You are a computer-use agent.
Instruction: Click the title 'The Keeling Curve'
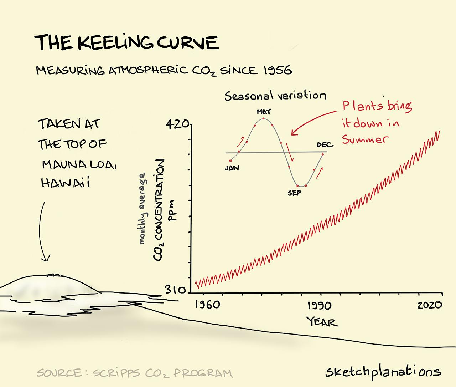pyautogui.click(x=126, y=42)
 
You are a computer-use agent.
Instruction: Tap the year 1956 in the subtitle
pyautogui.click(x=278, y=70)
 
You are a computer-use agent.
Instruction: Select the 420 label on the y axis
pyautogui.click(x=177, y=124)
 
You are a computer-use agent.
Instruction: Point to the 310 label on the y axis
pyautogui.click(x=175, y=290)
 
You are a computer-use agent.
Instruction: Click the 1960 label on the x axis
pyautogui.click(x=207, y=305)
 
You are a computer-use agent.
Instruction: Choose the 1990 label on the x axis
pyautogui.click(x=319, y=306)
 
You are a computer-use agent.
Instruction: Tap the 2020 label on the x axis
pyautogui.click(x=430, y=305)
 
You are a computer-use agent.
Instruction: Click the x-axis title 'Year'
pyautogui.click(x=322, y=322)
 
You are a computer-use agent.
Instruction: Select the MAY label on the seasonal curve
pyautogui.click(x=264, y=112)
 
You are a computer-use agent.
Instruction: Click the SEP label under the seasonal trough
pyautogui.click(x=294, y=193)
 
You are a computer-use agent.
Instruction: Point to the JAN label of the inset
pyautogui.click(x=232, y=168)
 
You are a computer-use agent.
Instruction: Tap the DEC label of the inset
pyautogui.click(x=325, y=145)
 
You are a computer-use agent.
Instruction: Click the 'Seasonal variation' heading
pyautogui.click(x=275, y=96)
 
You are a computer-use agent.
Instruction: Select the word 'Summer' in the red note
pyautogui.click(x=365, y=139)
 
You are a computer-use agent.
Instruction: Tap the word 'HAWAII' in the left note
pyautogui.click(x=65, y=183)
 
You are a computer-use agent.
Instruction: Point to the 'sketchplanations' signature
pyautogui.click(x=383, y=372)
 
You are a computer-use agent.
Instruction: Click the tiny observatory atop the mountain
pyautogui.click(x=55, y=275)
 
